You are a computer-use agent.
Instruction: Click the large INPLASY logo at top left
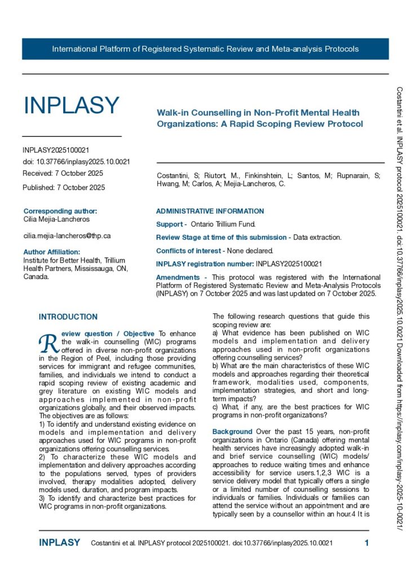tap(71, 105)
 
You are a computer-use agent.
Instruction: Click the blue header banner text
tap(205, 49)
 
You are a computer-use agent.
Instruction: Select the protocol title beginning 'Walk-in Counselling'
tap(259, 118)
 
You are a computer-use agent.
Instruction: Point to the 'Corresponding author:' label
tap(60, 211)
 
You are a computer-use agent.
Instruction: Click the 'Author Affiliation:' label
tap(52, 252)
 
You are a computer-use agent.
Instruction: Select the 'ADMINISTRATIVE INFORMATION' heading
tap(210, 211)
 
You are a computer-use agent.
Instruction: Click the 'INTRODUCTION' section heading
tap(68, 317)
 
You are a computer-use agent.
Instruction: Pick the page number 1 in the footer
tap(366, 543)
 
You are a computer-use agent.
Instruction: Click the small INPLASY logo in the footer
tap(59, 543)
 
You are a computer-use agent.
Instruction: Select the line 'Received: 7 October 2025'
tap(63, 173)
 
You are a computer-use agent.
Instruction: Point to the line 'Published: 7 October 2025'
tap(64, 187)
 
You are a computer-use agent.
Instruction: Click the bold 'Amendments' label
tap(178, 277)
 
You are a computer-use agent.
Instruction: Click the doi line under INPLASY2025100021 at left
tap(77, 162)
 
